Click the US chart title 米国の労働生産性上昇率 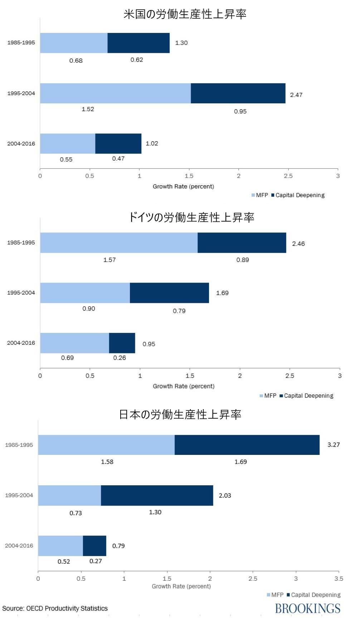[x=185, y=14]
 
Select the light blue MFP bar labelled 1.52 [x=115, y=93]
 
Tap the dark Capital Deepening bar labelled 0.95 [x=238, y=93]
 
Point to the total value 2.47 [x=296, y=95]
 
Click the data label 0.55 [x=66, y=160]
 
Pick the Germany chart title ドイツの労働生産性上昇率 [x=191, y=217]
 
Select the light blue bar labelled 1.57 [x=119, y=243]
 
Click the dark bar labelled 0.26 [x=122, y=343]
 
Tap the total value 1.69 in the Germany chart [x=222, y=293]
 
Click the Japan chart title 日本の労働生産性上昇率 [x=180, y=414]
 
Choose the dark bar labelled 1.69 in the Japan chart [x=247, y=445]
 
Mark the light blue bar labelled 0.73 [x=69, y=495]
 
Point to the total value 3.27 [x=334, y=445]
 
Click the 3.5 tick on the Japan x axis [x=339, y=579]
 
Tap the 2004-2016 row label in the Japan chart [x=19, y=546]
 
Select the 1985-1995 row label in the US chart [x=21, y=43]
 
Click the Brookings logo [x=308, y=608]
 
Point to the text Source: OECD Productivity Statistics [x=55, y=608]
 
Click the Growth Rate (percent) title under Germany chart [x=184, y=386]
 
